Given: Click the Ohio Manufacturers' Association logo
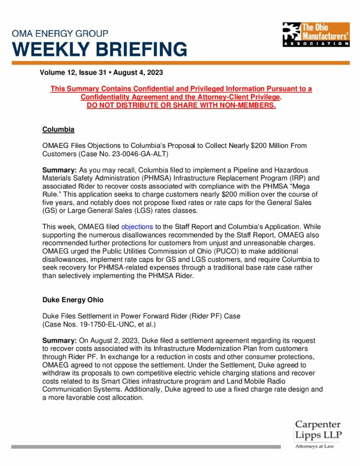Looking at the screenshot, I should coord(315,34).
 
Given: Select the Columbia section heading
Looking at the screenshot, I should coord(58,130).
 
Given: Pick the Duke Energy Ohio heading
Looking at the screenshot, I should coord(73,300).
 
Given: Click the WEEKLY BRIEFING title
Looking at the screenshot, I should coord(99,49).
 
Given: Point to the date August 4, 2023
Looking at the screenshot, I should coord(139,72).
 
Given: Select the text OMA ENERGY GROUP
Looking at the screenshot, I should coord(60,34).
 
